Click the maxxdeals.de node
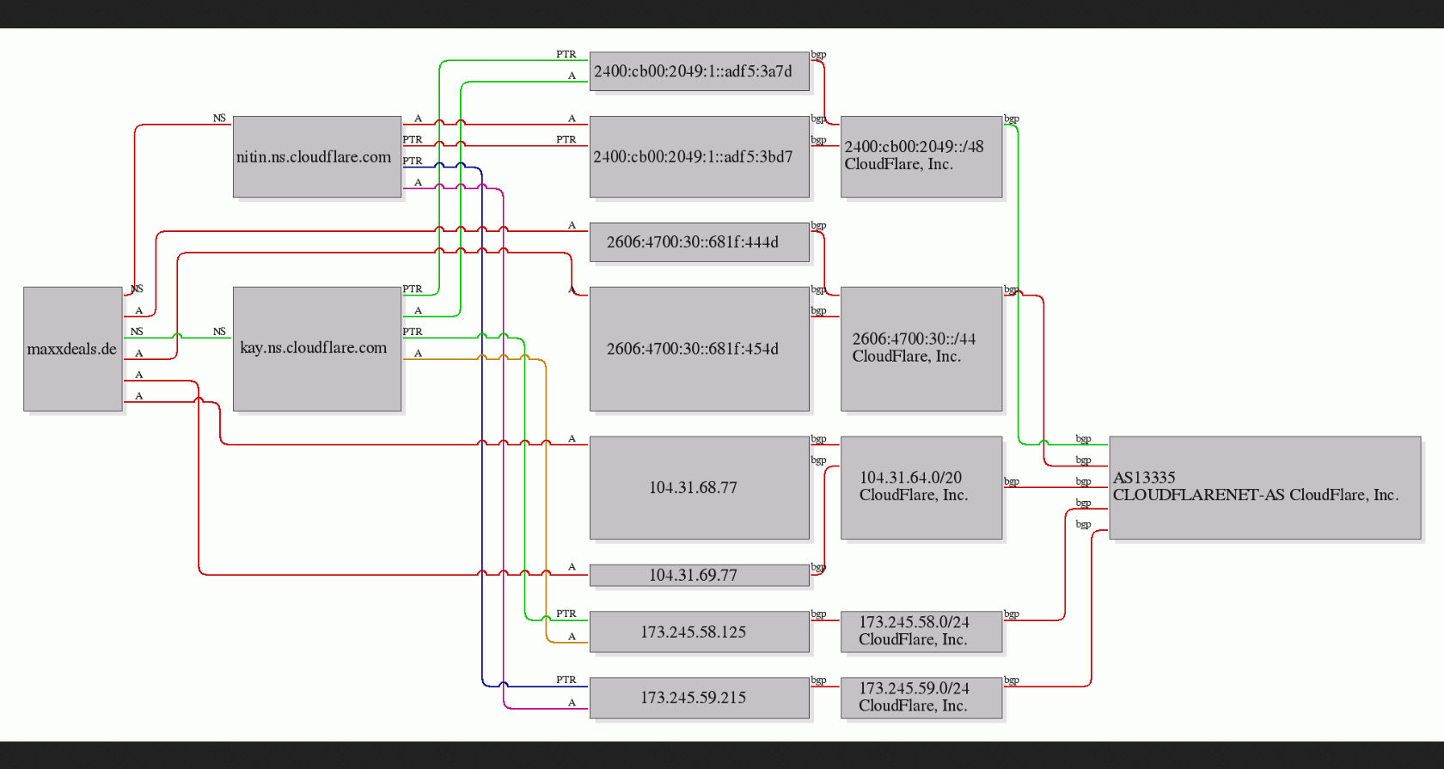point(73,349)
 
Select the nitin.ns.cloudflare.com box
point(317,156)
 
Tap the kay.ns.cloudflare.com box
point(317,349)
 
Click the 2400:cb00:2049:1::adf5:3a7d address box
point(700,71)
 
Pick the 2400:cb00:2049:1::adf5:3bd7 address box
point(700,156)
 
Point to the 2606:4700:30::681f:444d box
point(700,242)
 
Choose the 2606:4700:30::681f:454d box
point(700,349)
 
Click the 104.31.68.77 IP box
point(700,488)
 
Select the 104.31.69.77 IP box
point(700,575)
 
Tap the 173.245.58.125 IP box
point(700,632)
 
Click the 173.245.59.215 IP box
point(700,698)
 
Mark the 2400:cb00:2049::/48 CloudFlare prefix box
point(921,156)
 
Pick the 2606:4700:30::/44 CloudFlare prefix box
point(921,349)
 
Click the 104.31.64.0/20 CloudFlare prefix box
point(921,488)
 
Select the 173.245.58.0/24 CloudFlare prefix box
point(921,632)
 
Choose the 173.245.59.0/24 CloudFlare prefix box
point(921,698)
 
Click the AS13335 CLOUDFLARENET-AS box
point(1265,488)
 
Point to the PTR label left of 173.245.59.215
point(566,680)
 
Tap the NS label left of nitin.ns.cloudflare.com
point(219,118)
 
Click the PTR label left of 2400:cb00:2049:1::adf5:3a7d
point(566,54)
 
